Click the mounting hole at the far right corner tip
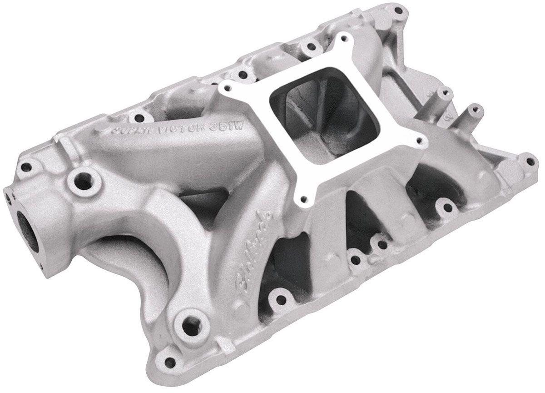pos(529,161)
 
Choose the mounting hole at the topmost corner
pos(398,10)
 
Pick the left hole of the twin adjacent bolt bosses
pos(356,260)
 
